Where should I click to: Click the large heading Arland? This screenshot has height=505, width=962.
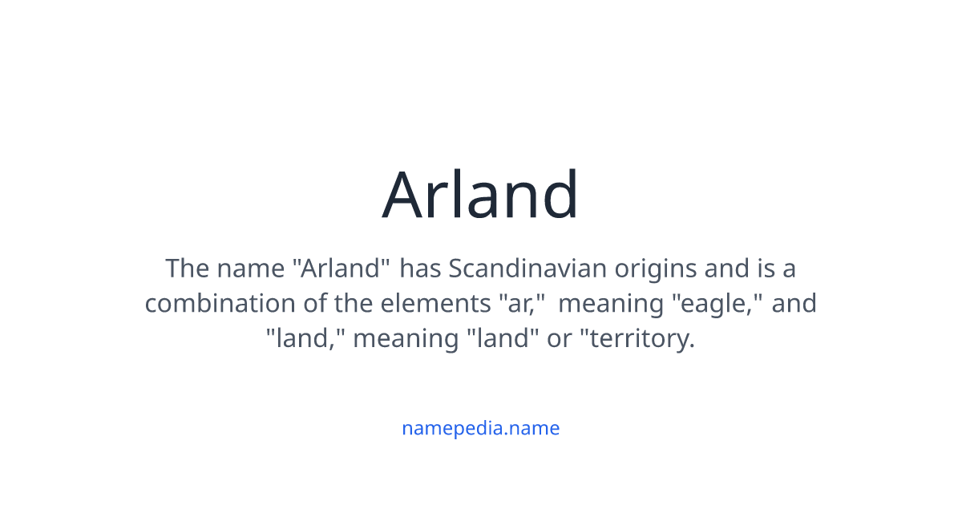(480, 195)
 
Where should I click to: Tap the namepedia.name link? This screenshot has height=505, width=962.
(480, 428)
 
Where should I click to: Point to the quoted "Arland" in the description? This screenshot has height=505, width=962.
(342, 269)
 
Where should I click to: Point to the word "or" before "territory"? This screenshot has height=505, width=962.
(560, 338)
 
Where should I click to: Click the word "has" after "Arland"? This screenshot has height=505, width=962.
(421, 269)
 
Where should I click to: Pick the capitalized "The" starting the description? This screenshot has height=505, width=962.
(188, 269)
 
